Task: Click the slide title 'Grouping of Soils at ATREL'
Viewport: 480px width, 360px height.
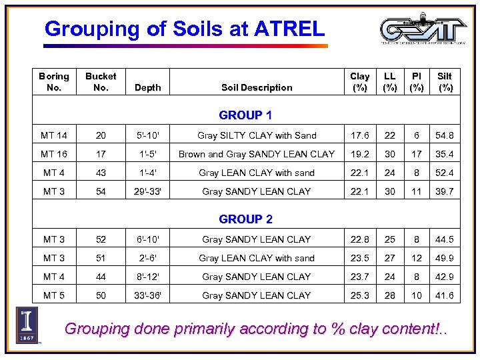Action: (x=184, y=29)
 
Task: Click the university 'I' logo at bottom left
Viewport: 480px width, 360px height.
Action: (x=27, y=325)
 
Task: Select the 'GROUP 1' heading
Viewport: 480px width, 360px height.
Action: (x=245, y=115)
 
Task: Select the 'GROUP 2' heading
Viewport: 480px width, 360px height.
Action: (x=245, y=219)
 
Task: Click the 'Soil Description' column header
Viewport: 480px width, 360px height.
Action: (x=257, y=87)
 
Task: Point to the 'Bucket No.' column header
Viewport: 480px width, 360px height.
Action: (x=101, y=81)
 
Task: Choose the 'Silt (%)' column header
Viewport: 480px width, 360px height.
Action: (x=445, y=81)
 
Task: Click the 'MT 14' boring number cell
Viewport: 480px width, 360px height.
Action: (x=54, y=135)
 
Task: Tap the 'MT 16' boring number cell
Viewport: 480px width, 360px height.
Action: (x=54, y=154)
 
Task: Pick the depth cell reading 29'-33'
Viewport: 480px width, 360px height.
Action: (x=147, y=191)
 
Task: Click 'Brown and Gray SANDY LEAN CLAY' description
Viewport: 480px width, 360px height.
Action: (x=257, y=154)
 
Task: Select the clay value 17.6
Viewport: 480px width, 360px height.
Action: (x=359, y=135)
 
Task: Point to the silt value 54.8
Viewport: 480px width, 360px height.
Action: (x=445, y=135)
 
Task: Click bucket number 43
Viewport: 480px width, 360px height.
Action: (x=101, y=173)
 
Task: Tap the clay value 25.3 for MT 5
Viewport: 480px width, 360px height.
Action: (x=359, y=295)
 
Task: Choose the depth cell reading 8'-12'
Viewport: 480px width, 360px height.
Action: (x=147, y=277)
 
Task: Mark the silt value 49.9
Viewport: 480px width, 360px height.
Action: (x=445, y=258)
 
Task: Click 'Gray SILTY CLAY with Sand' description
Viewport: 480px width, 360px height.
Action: (x=257, y=135)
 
